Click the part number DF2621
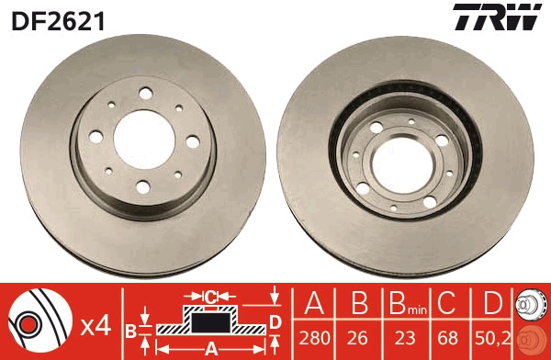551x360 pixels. (x=58, y=21)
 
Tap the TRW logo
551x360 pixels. (x=497, y=17)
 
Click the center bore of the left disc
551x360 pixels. (x=144, y=140)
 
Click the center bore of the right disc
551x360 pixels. (x=403, y=165)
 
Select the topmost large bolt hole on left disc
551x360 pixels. (x=145, y=93)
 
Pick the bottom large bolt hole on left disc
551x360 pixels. (x=143, y=187)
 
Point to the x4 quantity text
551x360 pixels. (x=96, y=327)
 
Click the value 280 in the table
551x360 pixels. (x=314, y=338)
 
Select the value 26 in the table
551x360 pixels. (x=358, y=338)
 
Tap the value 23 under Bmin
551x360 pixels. (x=405, y=338)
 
